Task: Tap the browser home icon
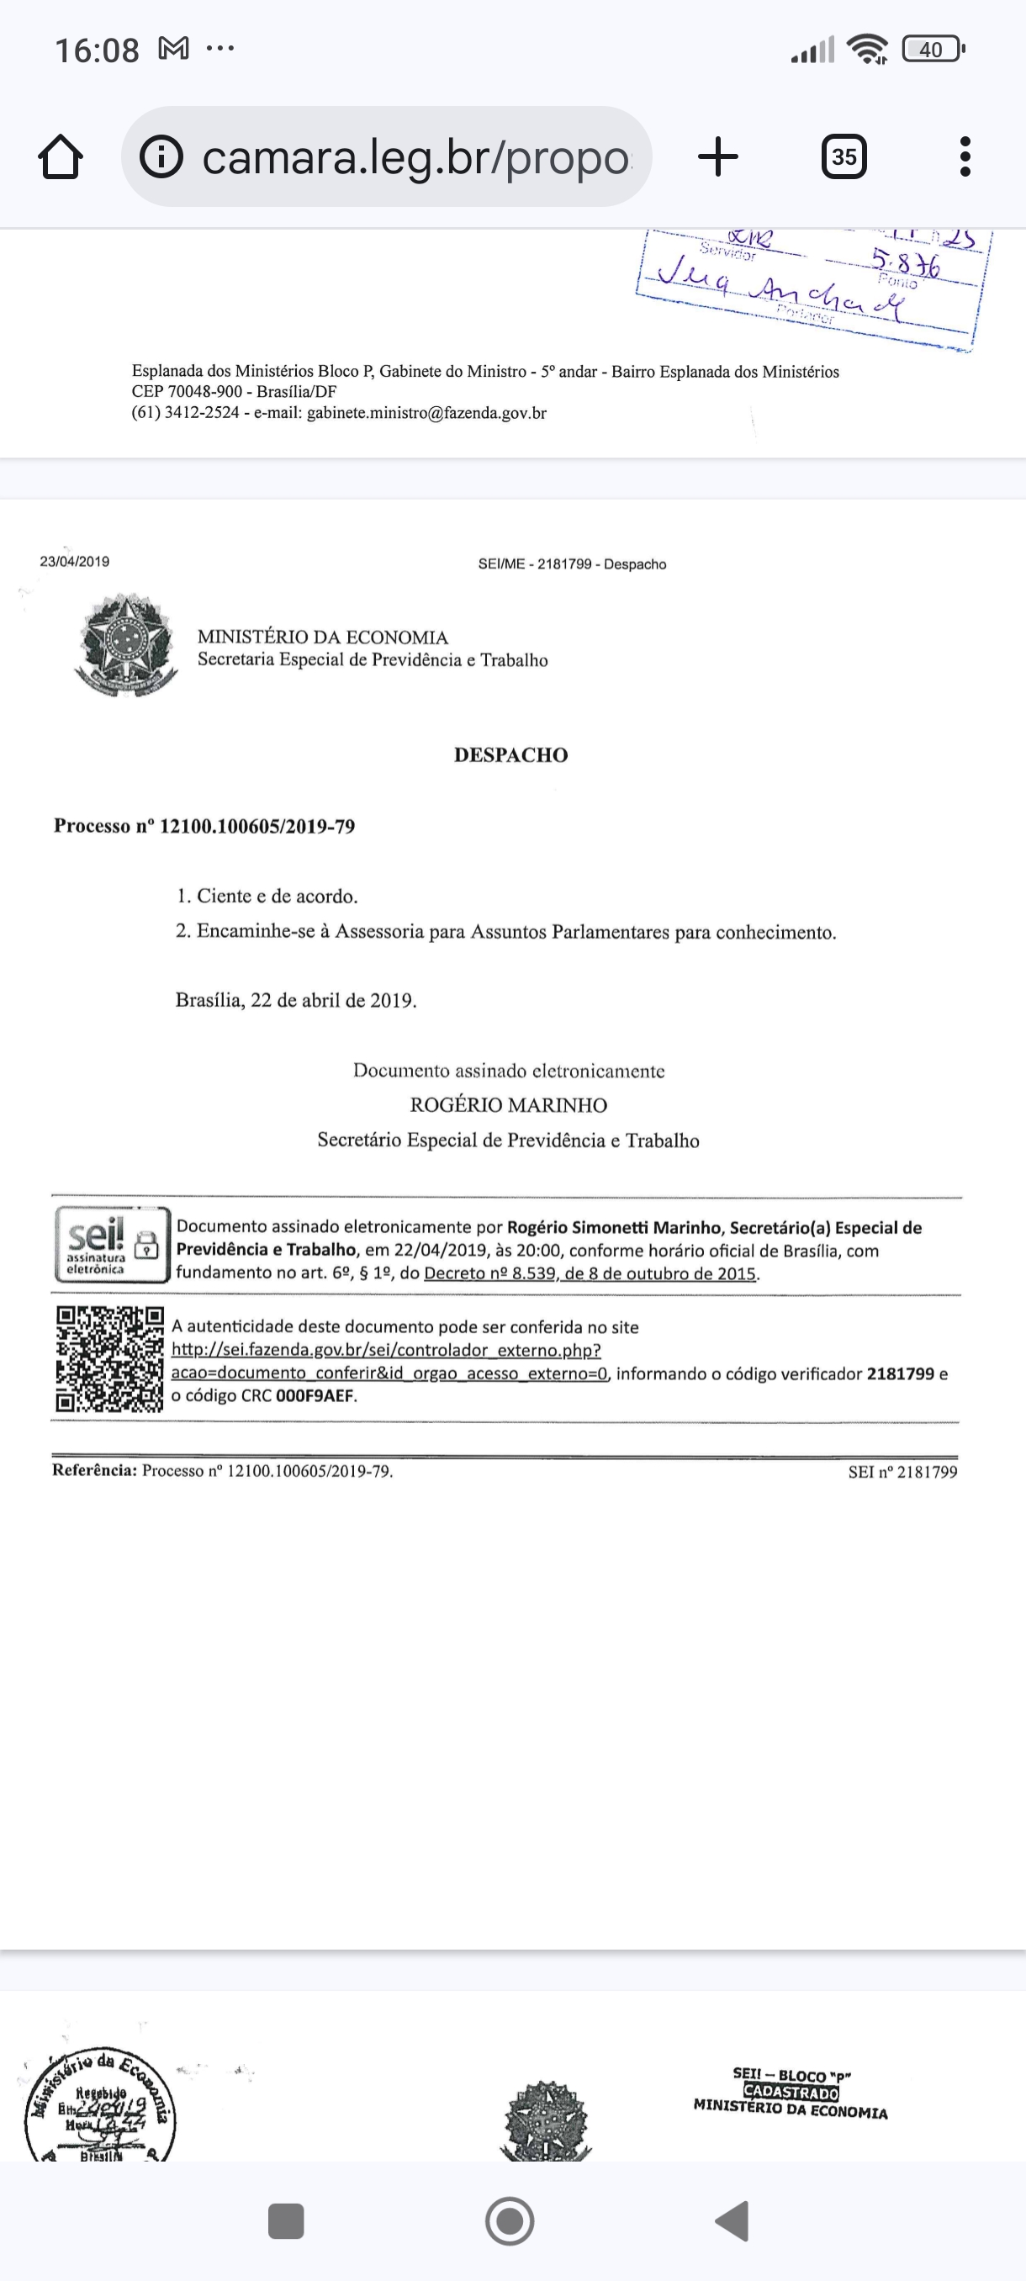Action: click(x=61, y=157)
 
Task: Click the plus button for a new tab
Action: click(x=718, y=156)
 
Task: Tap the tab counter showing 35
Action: click(x=844, y=156)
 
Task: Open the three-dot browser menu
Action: click(x=965, y=156)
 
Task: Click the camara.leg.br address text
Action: click(x=416, y=157)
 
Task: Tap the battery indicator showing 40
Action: click(x=931, y=50)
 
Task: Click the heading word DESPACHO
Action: click(x=510, y=755)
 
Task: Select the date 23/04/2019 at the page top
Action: click(x=74, y=561)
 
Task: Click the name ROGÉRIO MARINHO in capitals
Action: click(x=508, y=1105)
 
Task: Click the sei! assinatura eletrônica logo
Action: click(x=112, y=1244)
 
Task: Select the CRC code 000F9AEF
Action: click(x=315, y=1396)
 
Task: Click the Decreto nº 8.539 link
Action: click(x=590, y=1273)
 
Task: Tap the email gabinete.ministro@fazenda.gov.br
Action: click(x=426, y=413)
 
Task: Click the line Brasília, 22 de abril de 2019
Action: click(x=296, y=1001)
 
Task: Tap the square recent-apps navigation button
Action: click(x=286, y=2221)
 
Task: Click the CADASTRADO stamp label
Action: click(x=791, y=2093)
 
